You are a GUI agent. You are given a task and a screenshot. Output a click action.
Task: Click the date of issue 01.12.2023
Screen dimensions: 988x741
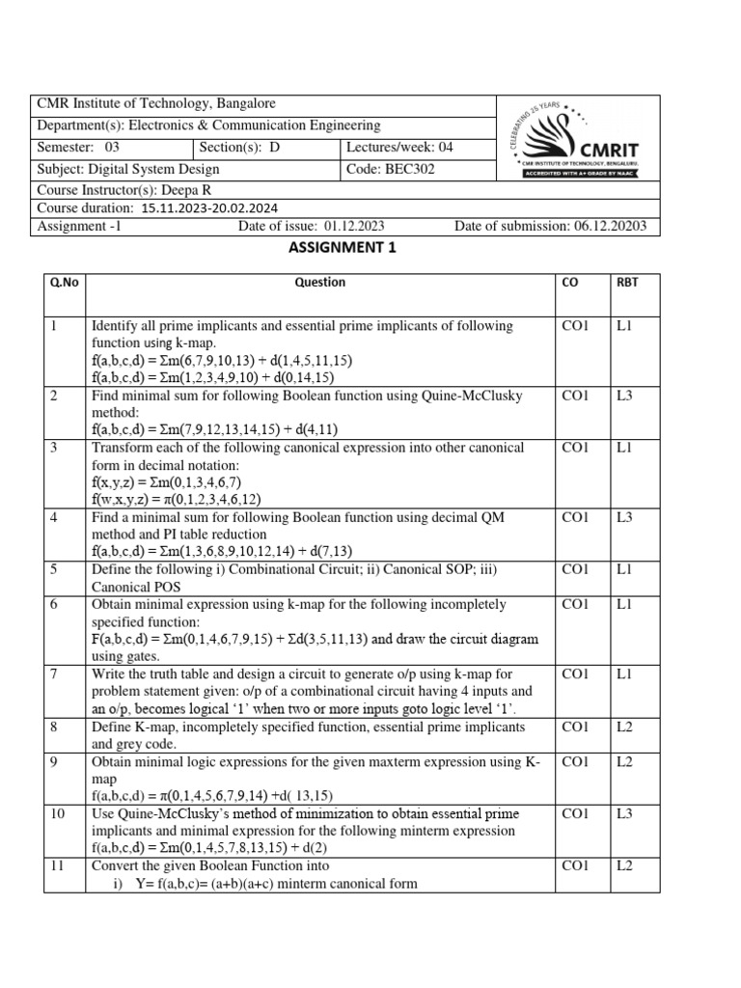(354, 227)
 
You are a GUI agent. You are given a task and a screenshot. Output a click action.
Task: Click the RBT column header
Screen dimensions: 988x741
(627, 283)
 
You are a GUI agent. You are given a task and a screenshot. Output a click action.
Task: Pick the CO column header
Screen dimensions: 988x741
(569, 283)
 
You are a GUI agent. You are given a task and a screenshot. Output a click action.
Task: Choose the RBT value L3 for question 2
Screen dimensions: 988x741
(625, 397)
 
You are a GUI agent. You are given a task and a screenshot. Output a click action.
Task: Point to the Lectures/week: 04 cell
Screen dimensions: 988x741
(398, 148)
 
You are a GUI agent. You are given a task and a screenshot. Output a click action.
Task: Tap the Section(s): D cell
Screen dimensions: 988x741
(239, 148)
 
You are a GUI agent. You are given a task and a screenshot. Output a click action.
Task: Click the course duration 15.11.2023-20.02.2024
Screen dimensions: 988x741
(210, 207)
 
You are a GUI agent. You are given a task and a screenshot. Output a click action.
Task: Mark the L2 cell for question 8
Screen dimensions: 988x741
(625, 727)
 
